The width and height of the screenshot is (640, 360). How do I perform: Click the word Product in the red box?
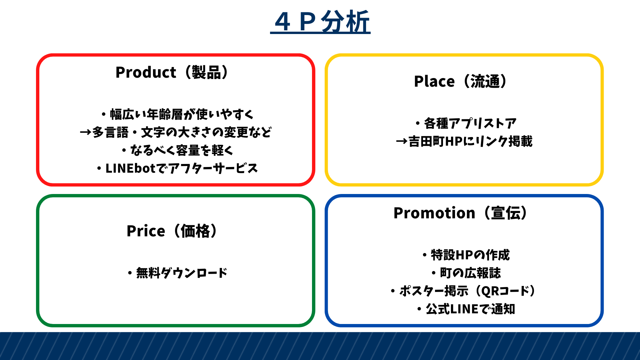(146, 72)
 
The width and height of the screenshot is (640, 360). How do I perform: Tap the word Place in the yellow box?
(434, 81)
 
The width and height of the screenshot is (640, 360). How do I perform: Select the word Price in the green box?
(146, 231)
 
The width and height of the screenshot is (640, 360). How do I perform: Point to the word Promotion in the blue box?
(434, 213)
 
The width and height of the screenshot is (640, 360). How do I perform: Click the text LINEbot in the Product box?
(131, 168)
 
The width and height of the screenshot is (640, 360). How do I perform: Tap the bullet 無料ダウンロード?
(177, 273)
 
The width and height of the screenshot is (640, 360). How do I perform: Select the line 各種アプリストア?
(466, 123)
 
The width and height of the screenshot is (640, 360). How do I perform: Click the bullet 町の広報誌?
(466, 273)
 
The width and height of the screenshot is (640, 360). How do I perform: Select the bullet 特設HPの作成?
(466, 255)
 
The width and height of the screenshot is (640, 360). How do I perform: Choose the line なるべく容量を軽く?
(177, 150)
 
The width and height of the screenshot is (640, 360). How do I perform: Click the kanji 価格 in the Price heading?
(195, 231)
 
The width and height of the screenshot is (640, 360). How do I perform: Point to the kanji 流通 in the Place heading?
(485, 81)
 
